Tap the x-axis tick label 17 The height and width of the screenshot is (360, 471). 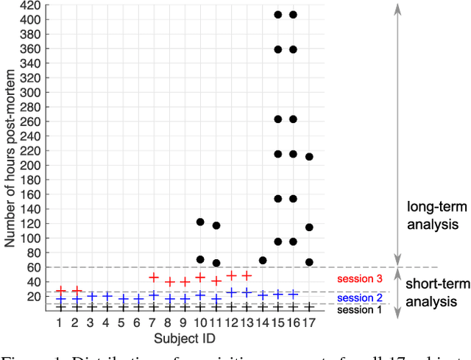(x=309, y=322)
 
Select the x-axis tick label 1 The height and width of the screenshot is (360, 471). (x=60, y=322)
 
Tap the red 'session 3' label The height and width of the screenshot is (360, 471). (x=358, y=279)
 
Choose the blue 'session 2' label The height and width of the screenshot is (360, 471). (x=358, y=297)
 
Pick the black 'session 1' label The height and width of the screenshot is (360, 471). (x=358, y=310)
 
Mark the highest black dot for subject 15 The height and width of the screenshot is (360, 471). (x=277, y=15)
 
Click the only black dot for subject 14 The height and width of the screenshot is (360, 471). (x=262, y=261)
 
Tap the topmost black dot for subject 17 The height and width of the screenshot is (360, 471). (x=309, y=157)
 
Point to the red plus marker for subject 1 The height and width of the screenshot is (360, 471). (x=60, y=291)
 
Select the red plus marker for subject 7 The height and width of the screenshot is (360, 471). (x=154, y=278)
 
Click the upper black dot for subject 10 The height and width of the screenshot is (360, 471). (x=200, y=222)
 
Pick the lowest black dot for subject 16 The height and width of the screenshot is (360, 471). (x=293, y=241)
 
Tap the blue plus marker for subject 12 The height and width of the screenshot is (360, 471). (x=231, y=292)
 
